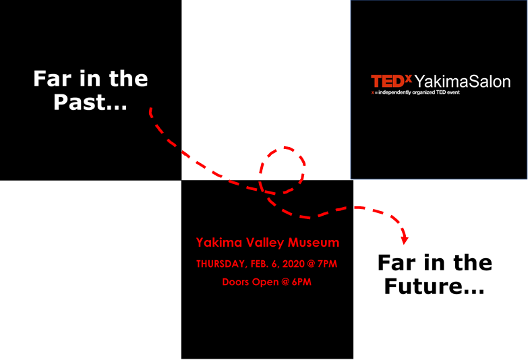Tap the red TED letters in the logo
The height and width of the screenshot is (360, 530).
(388, 82)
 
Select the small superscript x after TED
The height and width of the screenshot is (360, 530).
(409, 79)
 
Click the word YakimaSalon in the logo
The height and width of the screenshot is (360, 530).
(462, 82)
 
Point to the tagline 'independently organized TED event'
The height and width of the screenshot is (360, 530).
(419, 92)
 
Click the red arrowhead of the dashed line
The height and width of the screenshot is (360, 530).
(405, 239)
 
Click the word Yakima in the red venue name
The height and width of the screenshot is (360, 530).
(219, 243)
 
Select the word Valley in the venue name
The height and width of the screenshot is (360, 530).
(265, 243)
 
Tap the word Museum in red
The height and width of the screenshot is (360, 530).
(314, 243)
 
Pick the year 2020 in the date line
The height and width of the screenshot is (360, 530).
(293, 264)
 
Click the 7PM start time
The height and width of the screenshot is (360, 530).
(327, 264)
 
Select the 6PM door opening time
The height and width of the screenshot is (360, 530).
(301, 282)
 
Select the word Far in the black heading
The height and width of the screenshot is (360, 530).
(396, 263)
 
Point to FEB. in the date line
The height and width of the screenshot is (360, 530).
(259, 264)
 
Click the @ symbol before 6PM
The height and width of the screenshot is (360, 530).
(285, 282)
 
